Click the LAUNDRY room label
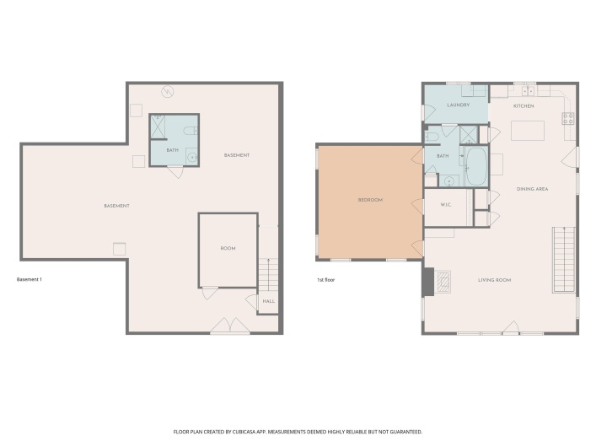(458, 105)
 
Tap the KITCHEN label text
(524, 106)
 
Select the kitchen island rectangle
(528, 130)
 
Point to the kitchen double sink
(529, 90)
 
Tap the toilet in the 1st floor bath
(432, 136)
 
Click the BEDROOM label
(370, 200)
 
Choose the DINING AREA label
(532, 189)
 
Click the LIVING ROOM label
(495, 279)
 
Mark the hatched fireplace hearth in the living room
(443, 283)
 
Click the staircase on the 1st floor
(563, 259)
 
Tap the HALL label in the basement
(268, 301)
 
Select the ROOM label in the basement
(228, 249)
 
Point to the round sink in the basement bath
(191, 157)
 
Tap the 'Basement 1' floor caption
(29, 279)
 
